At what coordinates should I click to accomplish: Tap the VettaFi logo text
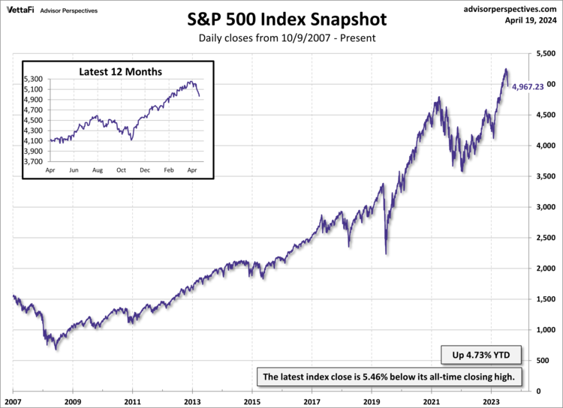20,7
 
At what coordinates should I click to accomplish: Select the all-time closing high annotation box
387,376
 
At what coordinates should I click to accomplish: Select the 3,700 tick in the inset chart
35,161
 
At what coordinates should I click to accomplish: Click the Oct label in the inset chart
121,171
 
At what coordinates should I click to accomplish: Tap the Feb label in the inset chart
167,171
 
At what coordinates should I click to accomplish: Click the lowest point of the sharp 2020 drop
387,254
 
